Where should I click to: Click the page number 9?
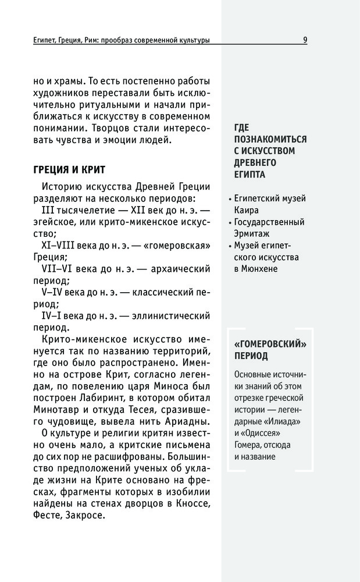tap(305, 40)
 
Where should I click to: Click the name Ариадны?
tap(187, 421)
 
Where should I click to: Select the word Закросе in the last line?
tap(87, 516)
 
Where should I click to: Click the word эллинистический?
tap(172, 316)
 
